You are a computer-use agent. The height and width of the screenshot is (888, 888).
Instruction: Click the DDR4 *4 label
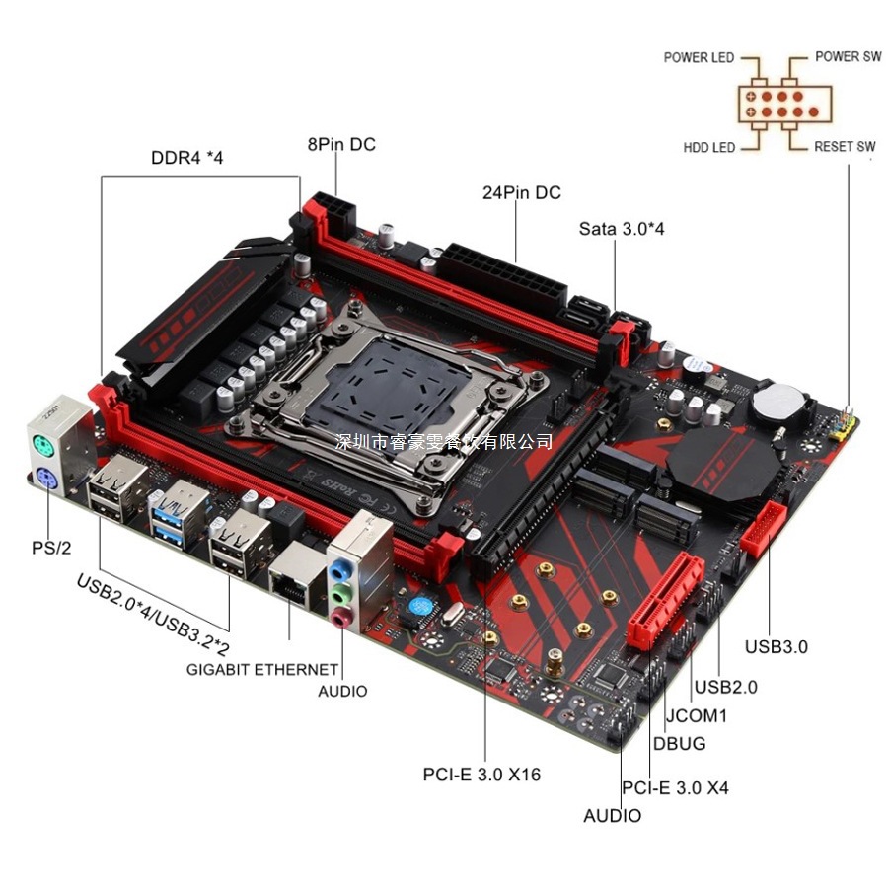point(187,157)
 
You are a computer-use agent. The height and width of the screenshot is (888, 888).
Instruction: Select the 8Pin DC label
point(341,144)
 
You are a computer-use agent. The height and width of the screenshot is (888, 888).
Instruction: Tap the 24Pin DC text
point(521,192)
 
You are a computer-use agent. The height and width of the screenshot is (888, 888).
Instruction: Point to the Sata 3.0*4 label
point(622,228)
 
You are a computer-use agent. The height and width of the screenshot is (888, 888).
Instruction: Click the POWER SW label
point(848,56)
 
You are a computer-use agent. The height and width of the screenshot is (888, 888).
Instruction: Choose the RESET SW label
point(845,147)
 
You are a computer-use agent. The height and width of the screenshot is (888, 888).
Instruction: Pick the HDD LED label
point(709,147)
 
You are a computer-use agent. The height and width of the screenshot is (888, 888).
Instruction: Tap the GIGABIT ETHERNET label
point(256,669)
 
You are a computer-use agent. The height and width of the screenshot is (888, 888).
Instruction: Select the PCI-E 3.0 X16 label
point(482,774)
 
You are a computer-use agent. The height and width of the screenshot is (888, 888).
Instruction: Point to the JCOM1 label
point(696,714)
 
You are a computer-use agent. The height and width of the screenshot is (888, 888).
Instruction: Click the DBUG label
point(680,743)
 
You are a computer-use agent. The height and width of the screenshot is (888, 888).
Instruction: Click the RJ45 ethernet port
point(292,585)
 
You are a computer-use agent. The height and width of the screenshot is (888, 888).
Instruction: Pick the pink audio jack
point(340,617)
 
